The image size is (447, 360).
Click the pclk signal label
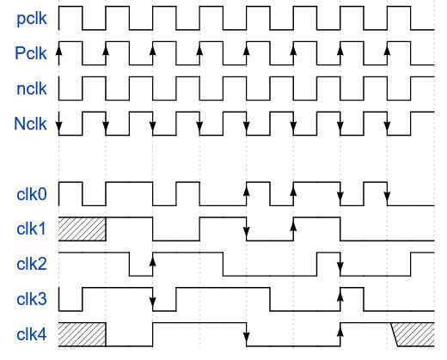[x=32, y=19]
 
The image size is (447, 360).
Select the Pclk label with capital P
[x=31, y=53]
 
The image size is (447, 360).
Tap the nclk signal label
[x=32, y=88]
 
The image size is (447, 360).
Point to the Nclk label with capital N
[x=30, y=124]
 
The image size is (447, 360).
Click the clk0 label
[x=32, y=194]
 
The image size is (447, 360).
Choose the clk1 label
[x=32, y=229]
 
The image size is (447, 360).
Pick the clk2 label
[x=32, y=264]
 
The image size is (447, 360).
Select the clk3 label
[x=32, y=299]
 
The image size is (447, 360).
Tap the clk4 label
[x=32, y=334]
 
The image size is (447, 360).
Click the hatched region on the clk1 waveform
[x=83, y=229]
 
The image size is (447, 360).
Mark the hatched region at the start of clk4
[x=83, y=334]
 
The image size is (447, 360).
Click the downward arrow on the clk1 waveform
[x=247, y=229]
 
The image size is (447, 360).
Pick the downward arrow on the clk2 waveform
[x=340, y=265]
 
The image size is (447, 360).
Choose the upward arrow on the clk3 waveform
[x=340, y=299]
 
